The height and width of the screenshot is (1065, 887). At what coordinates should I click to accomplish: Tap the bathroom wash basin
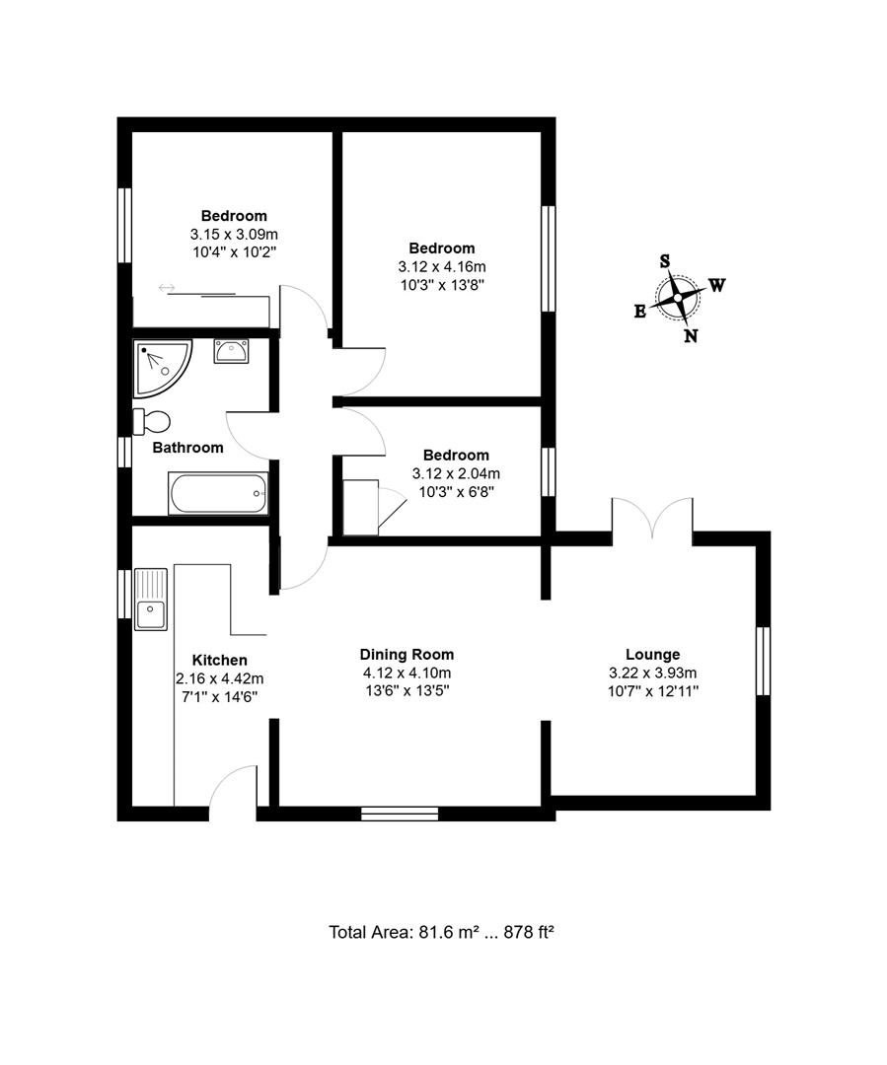[x=232, y=350]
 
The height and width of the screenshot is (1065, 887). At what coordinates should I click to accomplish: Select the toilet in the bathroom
[x=152, y=421]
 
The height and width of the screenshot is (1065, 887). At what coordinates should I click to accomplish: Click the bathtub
[x=218, y=493]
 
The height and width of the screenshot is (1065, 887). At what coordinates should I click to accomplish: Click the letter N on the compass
[x=691, y=336]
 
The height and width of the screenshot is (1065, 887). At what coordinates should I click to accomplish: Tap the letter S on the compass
[x=665, y=261]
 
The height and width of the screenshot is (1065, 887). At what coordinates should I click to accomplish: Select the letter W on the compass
[x=717, y=286]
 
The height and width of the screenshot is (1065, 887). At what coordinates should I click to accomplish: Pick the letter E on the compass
[x=639, y=311]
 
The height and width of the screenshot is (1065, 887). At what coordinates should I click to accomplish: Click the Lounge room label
[x=652, y=654]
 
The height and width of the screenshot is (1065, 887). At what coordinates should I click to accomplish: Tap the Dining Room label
[x=407, y=654]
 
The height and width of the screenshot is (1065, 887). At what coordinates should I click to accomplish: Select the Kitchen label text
[x=219, y=660]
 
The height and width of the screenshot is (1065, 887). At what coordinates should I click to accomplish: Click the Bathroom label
[x=187, y=448]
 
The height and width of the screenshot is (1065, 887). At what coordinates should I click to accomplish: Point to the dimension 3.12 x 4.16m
[x=441, y=266]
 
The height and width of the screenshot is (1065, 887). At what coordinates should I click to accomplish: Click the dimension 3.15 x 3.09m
[x=234, y=234]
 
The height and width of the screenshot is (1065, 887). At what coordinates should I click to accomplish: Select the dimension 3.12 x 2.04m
[x=455, y=472]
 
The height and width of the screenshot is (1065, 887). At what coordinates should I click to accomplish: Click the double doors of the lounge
[x=652, y=518]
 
